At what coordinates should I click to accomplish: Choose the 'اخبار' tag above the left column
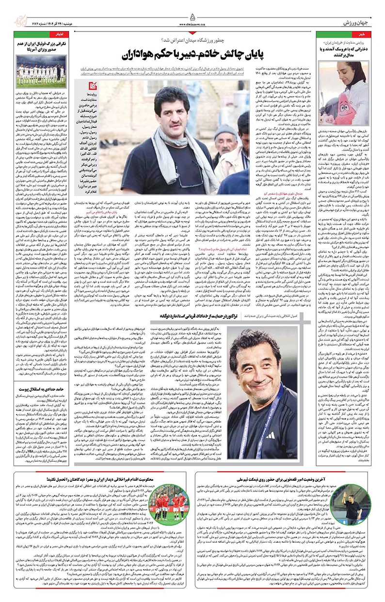tap(56, 35)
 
